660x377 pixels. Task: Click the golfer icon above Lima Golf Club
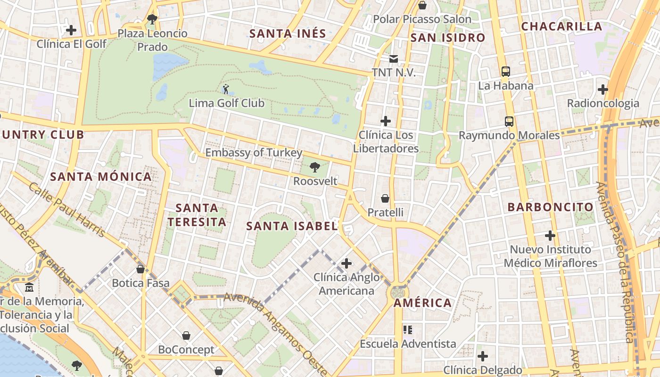click(226, 89)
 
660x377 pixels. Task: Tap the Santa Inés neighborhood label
click(288, 34)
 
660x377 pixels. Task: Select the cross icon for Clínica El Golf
click(71, 30)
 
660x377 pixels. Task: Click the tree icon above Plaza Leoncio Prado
click(152, 19)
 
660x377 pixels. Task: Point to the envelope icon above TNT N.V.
click(393, 59)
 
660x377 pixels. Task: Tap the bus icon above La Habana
click(506, 72)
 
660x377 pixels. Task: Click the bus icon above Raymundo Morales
click(509, 121)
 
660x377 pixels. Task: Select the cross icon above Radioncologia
click(602, 89)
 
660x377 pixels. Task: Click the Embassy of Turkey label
click(254, 153)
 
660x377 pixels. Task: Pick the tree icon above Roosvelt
click(315, 167)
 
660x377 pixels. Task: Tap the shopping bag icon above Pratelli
click(385, 198)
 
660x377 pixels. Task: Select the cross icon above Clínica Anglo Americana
click(346, 263)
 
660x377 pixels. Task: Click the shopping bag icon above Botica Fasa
click(140, 269)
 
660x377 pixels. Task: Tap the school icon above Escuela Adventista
click(408, 329)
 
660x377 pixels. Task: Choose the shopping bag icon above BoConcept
click(186, 336)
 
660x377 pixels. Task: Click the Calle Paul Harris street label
click(66, 210)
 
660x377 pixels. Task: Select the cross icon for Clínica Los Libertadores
click(386, 121)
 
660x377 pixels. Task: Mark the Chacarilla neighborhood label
click(561, 26)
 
